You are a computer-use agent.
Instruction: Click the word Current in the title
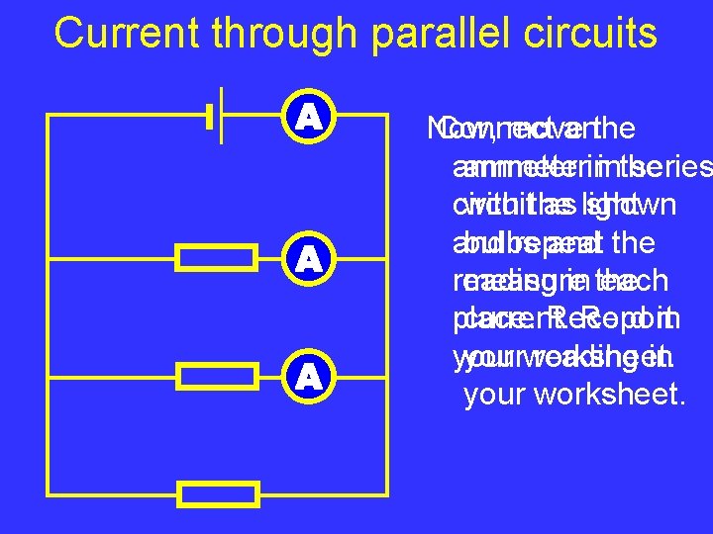(x=116, y=33)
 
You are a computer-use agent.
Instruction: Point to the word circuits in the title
(x=590, y=33)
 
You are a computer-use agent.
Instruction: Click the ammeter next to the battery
(x=311, y=118)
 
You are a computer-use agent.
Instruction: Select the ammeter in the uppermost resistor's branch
(x=311, y=259)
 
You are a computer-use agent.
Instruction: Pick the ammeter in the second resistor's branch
(x=311, y=376)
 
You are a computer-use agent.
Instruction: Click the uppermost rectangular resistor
(x=217, y=259)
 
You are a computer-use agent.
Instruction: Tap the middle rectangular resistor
(x=217, y=376)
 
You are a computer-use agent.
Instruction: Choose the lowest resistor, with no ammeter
(x=217, y=492)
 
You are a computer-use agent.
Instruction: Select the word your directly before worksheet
(x=497, y=395)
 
